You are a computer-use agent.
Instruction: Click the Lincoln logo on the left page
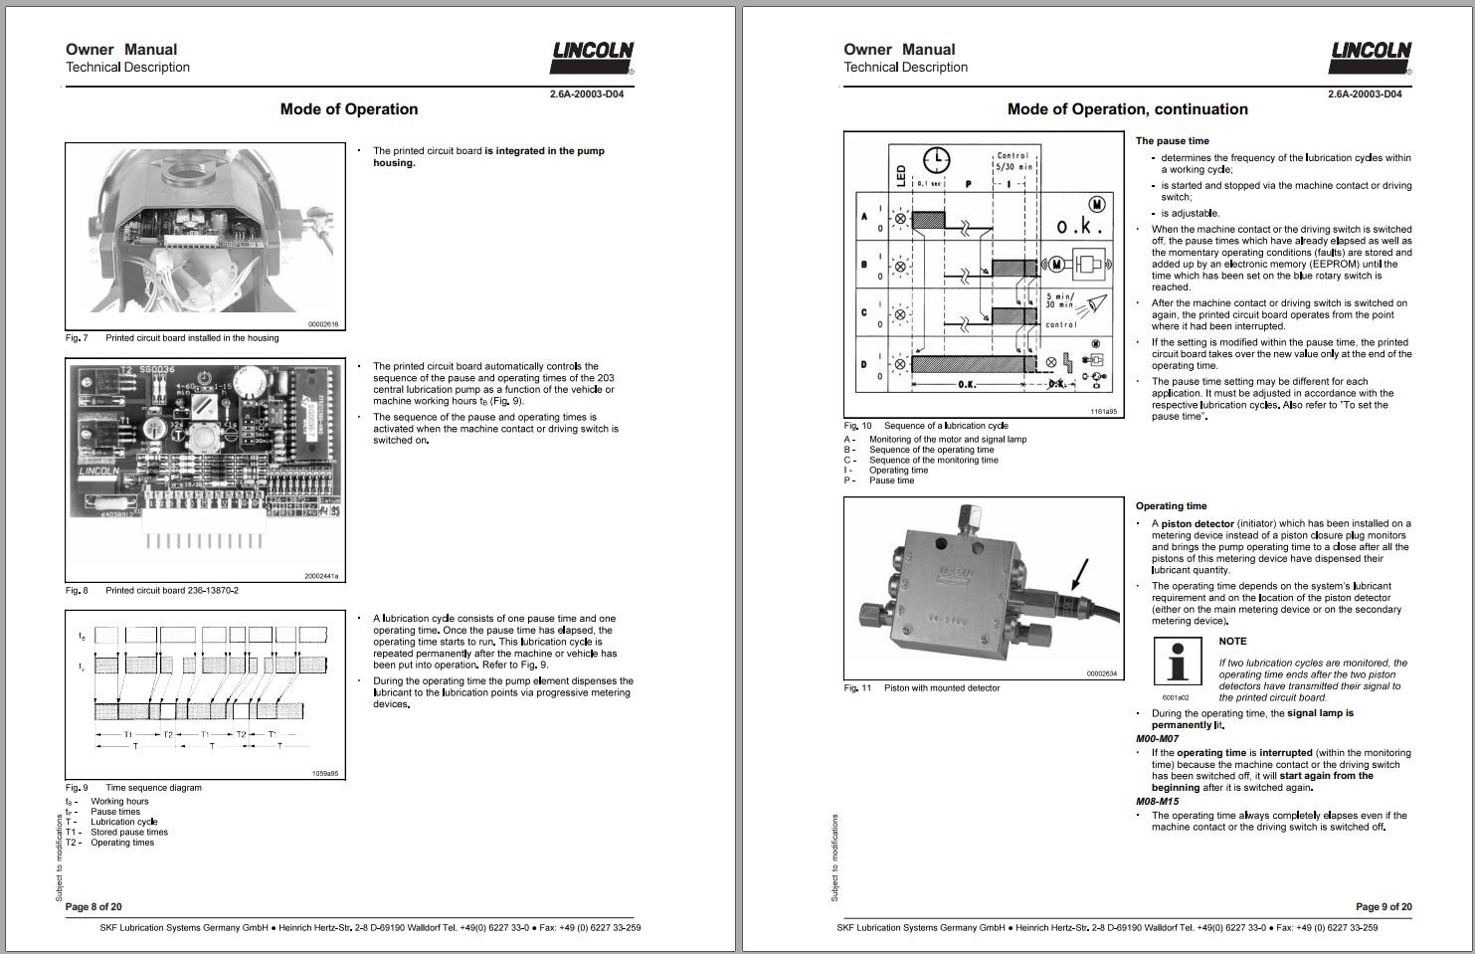coord(593,57)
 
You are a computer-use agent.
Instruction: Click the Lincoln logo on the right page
coord(1371,57)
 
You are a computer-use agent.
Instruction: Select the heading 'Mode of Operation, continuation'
coord(1127,109)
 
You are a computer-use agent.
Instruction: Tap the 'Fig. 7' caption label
coord(77,338)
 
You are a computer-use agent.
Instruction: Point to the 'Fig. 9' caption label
coord(77,788)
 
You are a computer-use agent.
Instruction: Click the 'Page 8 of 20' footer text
coord(93,906)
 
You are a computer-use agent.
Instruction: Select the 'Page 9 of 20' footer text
coord(1383,906)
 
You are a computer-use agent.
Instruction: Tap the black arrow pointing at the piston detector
coord(1078,576)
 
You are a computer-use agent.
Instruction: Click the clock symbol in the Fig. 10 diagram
coord(937,159)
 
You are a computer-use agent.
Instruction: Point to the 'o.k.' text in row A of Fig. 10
coord(1079,227)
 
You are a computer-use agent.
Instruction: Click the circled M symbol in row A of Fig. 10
coord(1097,204)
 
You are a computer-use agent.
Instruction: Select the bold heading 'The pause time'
coord(1173,141)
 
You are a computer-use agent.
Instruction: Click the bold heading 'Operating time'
coord(1171,506)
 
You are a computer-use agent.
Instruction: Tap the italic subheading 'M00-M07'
coord(1157,739)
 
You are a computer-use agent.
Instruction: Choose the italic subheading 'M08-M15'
coord(1157,802)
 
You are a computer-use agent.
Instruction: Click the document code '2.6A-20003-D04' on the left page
coord(587,95)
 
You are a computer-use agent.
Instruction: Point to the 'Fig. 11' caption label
coord(857,688)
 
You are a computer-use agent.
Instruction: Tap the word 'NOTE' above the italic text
coord(1232,642)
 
